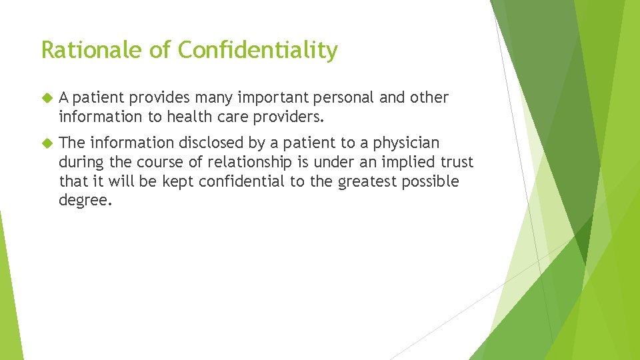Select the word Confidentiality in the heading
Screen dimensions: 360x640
(x=259, y=50)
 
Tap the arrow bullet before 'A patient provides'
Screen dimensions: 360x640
(x=46, y=98)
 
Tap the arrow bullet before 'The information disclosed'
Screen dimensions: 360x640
(x=46, y=143)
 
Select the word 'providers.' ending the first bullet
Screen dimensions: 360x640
(x=291, y=117)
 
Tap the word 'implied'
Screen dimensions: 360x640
(x=394, y=163)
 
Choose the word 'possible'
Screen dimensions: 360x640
(x=431, y=182)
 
